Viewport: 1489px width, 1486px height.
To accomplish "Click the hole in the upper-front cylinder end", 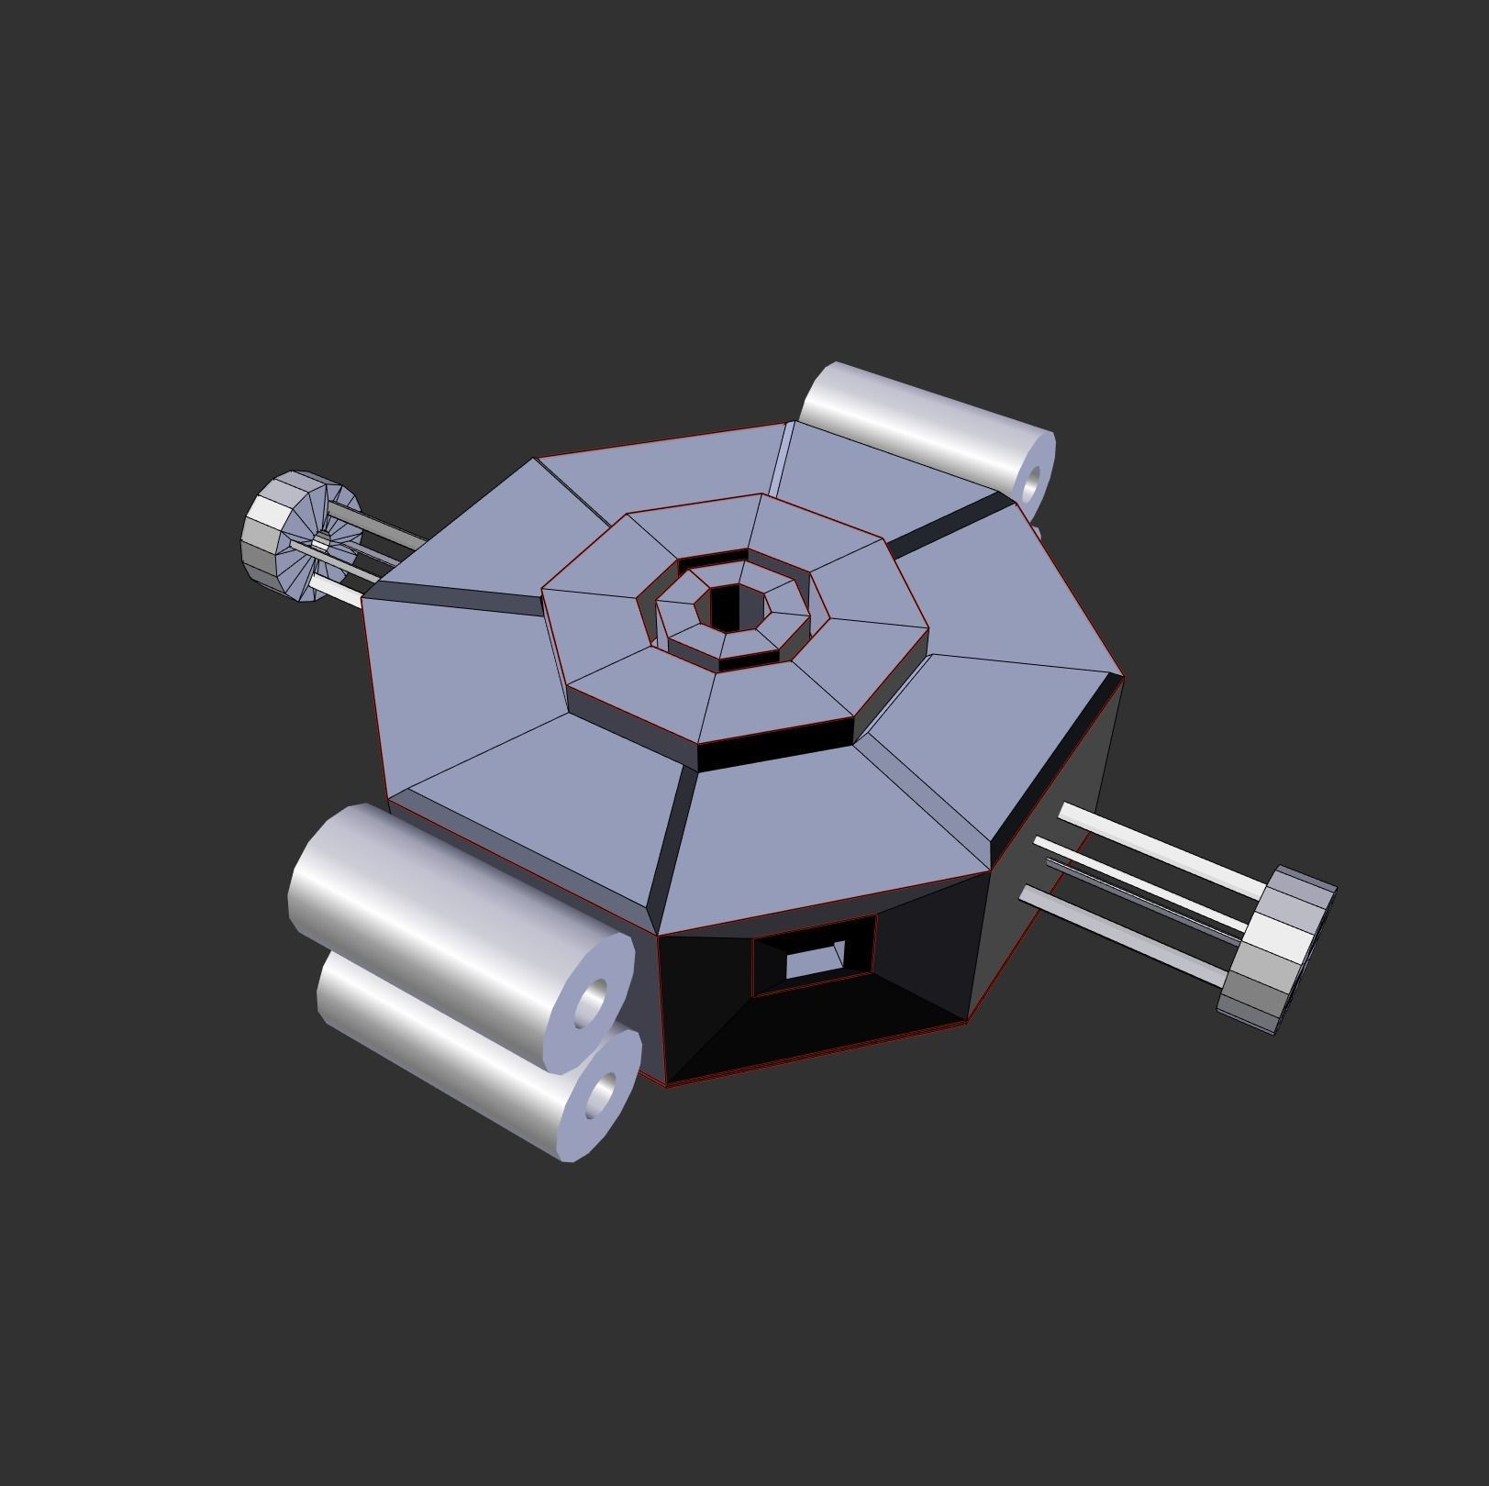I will pos(592,1002).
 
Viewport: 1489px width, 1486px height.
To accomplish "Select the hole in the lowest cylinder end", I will pos(602,1095).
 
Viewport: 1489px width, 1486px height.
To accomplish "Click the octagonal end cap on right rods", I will pos(1280,949).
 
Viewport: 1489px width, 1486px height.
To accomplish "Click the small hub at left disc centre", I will pos(320,542).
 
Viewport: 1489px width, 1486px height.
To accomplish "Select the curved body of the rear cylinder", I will pos(917,413).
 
